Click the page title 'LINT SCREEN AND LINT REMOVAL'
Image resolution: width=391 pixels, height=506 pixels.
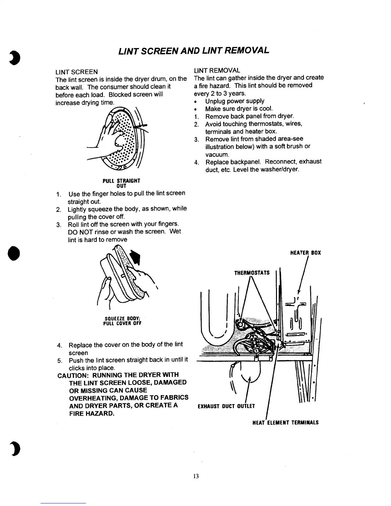194,50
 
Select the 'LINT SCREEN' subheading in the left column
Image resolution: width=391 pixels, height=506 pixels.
77,72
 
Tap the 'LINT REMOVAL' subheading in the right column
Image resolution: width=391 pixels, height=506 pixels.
217,70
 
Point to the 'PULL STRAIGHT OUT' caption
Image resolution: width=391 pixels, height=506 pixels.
121,183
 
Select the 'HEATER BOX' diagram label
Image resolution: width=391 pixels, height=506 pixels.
305,253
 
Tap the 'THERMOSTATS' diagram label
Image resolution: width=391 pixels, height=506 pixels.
252,273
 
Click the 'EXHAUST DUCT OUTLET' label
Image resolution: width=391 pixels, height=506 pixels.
226,407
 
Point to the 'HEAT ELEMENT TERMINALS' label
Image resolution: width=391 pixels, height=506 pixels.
286,423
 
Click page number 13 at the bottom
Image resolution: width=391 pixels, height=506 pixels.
196,476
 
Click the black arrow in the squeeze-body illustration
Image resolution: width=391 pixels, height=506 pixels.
136,257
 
